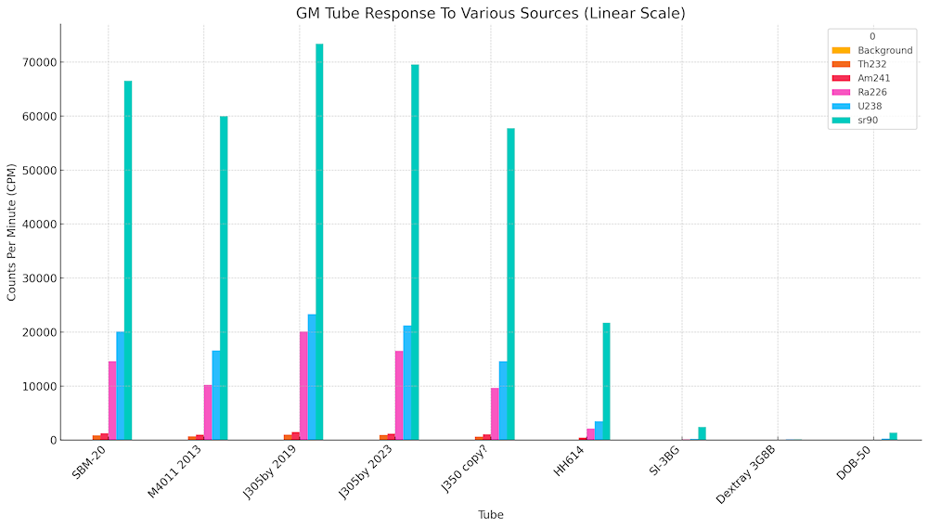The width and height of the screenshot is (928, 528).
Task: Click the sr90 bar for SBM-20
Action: pos(128,260)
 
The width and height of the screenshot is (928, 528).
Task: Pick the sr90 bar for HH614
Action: pos(606,381)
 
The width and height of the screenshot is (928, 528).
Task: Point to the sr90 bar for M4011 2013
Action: pos(224,278)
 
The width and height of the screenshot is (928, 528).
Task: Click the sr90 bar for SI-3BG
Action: pos(702,433)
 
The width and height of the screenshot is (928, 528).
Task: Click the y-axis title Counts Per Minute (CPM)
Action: pos(11,232)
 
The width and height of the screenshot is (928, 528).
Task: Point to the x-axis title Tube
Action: pos(491,514)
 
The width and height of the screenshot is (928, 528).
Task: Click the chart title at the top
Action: pos(491,13)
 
